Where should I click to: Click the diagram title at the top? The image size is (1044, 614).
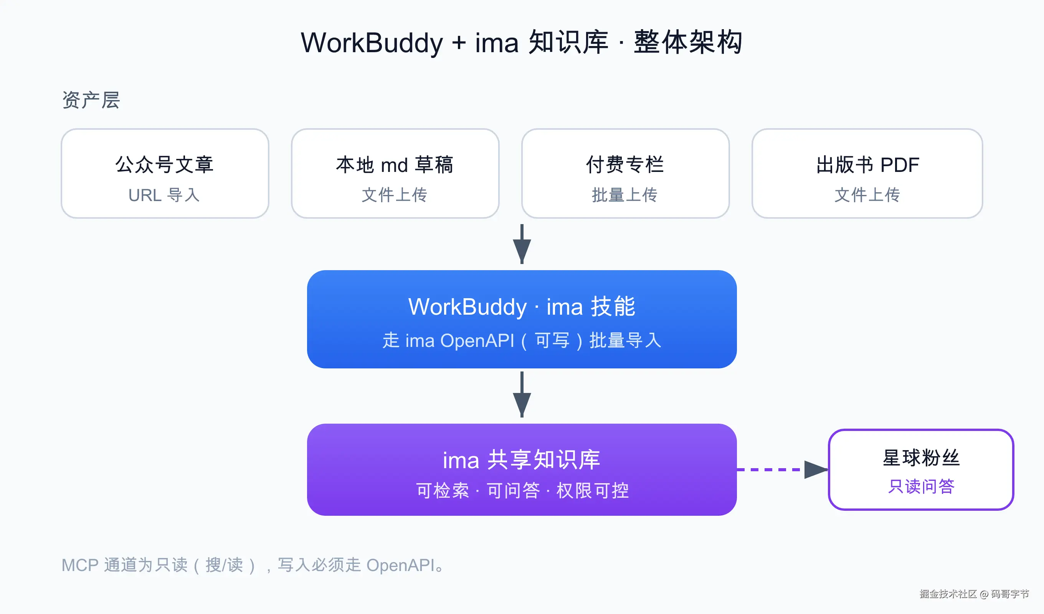[x=522, y=43]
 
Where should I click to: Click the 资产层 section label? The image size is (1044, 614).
[x=91, y=100]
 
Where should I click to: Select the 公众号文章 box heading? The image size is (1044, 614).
[x=165, y=165]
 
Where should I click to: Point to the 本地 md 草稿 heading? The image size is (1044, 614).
[x=395, y=165]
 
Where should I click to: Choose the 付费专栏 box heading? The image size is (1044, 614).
[x=625, y=165]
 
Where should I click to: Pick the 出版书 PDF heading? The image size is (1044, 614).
[x=867, y=165]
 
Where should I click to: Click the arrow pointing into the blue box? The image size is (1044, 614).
[x=522, y=244]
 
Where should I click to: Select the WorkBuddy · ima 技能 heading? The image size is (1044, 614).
[x=522, y=307]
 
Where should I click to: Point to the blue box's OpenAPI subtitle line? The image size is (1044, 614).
[x=522, y=340]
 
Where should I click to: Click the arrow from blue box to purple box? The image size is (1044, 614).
[x=522, y=394]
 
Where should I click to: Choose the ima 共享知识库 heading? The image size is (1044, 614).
[x=522, y=460]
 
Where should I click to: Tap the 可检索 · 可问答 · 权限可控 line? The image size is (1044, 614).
[x=522, y=491]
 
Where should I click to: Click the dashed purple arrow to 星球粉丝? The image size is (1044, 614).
[x=783, y=469]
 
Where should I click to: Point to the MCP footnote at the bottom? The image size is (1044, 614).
[x=253, y=565]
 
